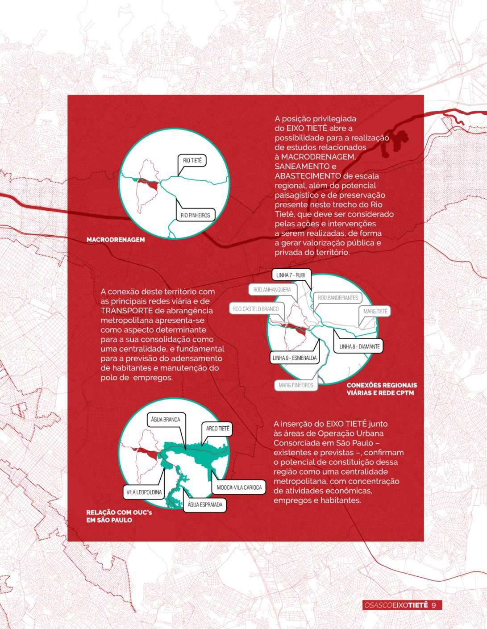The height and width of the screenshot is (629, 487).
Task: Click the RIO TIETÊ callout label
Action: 192,160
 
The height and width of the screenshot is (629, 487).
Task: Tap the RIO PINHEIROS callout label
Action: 196,215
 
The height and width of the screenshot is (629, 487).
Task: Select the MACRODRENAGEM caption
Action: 116,240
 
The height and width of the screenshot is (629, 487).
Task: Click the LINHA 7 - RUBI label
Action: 291,275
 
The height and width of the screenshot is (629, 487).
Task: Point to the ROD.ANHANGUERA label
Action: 272,289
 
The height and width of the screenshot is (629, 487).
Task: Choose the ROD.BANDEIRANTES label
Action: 338,298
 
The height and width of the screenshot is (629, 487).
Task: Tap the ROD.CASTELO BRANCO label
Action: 255,309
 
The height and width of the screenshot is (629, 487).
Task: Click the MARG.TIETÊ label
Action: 375,311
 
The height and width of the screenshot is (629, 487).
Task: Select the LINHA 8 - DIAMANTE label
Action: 359,346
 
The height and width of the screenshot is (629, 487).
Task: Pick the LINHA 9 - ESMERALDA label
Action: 295,358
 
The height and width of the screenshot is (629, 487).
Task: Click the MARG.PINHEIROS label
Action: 296,385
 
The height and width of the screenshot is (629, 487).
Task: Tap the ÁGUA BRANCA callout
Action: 166,420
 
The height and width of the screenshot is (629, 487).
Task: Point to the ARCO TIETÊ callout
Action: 217,429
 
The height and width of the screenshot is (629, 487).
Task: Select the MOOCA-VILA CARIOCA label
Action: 239,487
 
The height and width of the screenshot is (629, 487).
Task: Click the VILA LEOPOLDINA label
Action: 144,492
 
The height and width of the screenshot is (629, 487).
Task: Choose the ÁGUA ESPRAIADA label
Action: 205,504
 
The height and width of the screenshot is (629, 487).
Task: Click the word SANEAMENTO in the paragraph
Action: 302,167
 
